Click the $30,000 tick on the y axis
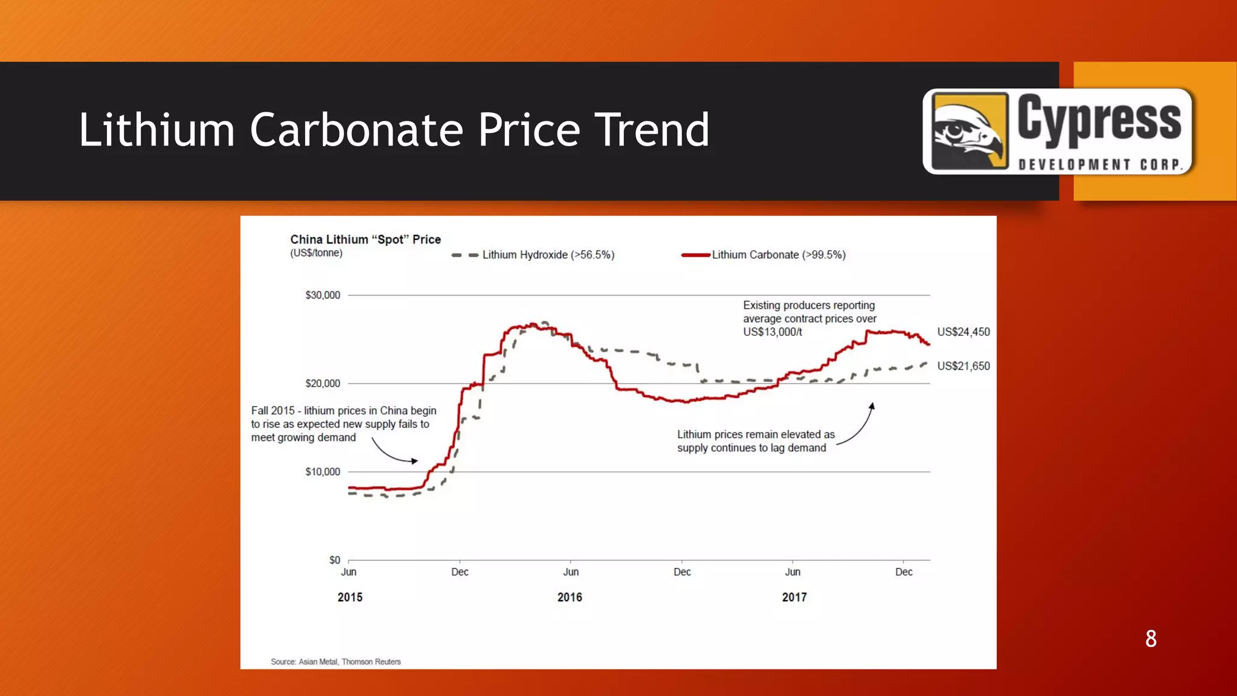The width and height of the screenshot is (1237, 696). click(323, 295)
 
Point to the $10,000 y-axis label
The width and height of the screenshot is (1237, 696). click(323, 472)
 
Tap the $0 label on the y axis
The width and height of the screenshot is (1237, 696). click(335, 560)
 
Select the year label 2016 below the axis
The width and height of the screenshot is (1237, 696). click(570, 598)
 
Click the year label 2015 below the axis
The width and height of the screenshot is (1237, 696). click(350, 598)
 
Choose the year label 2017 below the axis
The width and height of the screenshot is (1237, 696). click(794, 598)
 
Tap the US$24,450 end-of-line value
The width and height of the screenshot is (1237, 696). click(963, 332)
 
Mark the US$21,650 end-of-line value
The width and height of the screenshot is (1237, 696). click(963, 366)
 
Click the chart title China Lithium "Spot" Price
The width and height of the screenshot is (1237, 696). click(365, 239)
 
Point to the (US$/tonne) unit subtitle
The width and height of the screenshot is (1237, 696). click(316, 253)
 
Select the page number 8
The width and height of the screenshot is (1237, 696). click(1151, 639)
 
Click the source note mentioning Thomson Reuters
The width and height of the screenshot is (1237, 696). click(336, 662)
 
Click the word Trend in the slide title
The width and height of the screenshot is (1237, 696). click(652, 130)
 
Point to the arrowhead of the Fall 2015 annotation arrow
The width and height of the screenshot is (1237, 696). click(415, 461)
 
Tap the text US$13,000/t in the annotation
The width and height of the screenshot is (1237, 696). click(773, 332)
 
